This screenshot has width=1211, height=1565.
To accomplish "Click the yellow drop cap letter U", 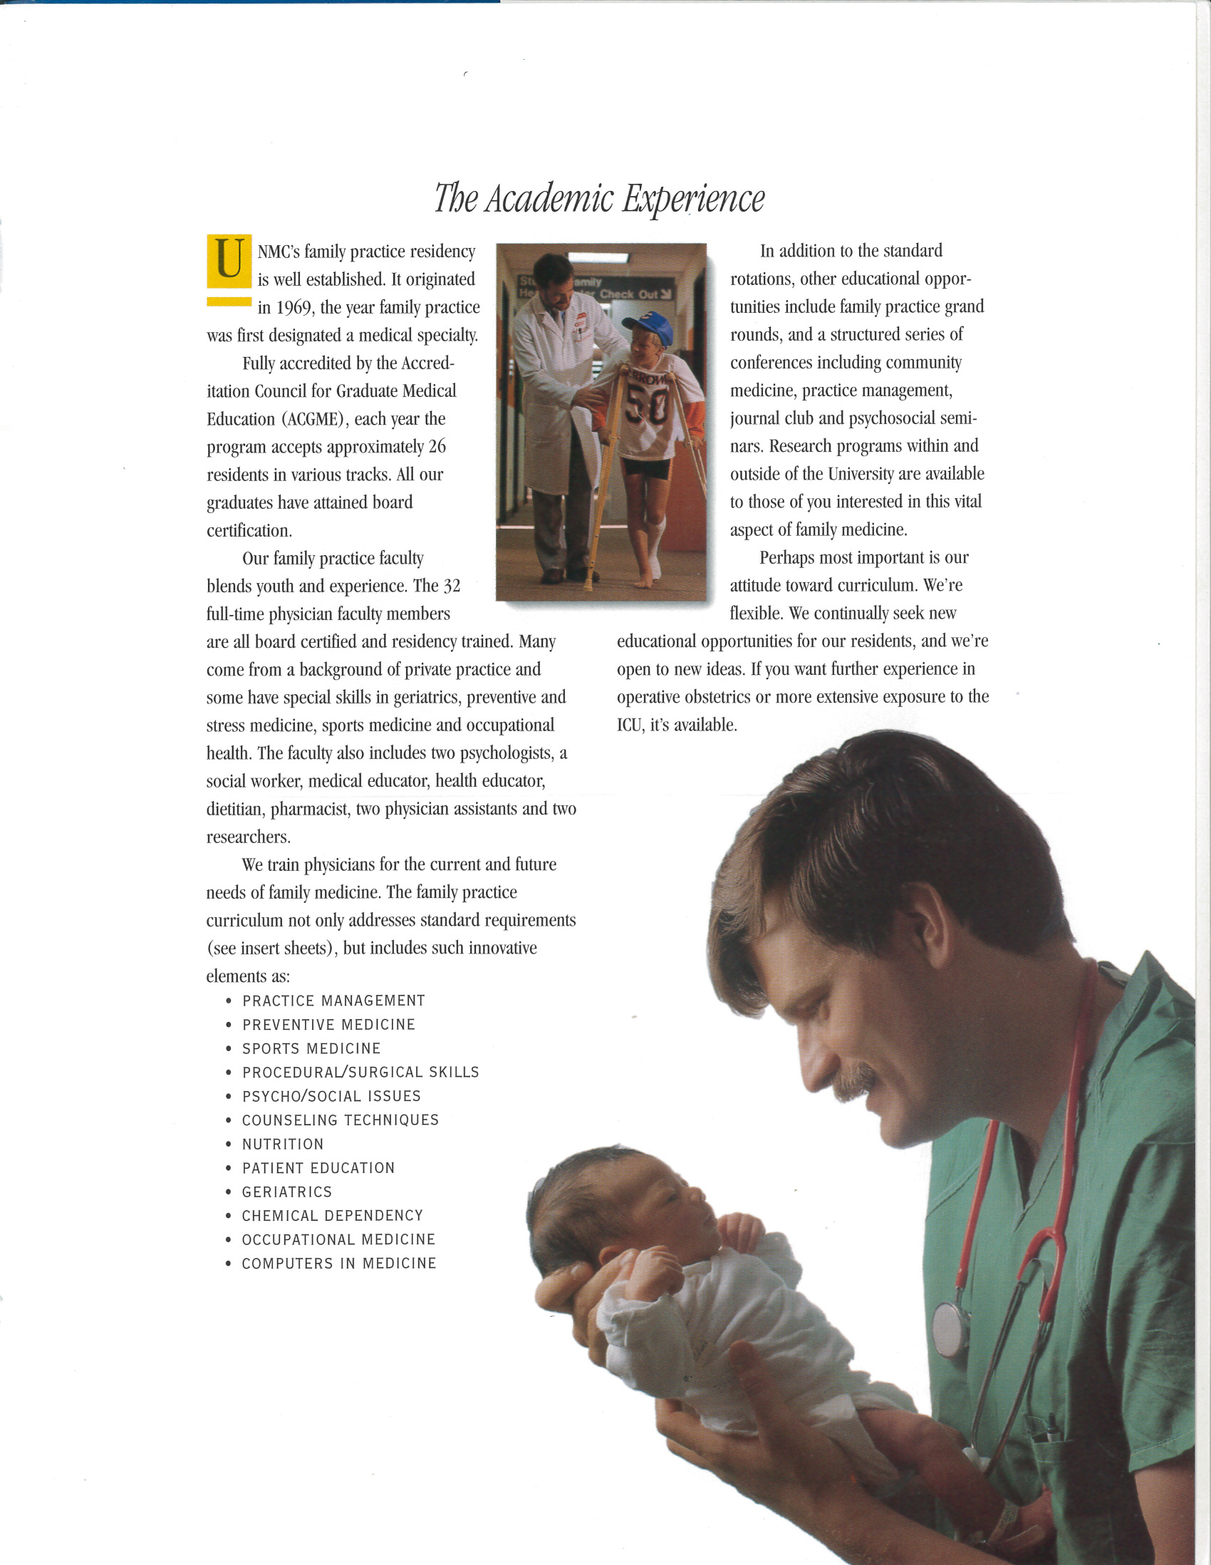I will [x=229, y=261].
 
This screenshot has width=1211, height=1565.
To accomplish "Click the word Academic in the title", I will [x=548, y=199].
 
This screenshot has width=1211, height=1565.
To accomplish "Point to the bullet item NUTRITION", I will [x=283, y=1145].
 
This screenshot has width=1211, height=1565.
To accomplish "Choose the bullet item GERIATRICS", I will [x=287, y=1192].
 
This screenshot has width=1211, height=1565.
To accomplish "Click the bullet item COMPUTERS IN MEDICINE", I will [x=339, y=1264].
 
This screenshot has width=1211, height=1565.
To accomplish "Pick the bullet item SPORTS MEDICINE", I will [x=311, y=1048].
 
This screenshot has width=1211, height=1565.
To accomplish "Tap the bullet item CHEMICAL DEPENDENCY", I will [x=332, y=1216].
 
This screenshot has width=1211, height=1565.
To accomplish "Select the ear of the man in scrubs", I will [x=929, y=926].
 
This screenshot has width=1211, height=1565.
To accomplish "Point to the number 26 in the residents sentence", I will [x=437, y=447].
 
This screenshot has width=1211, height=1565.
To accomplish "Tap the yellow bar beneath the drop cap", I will [x=229, y=301].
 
